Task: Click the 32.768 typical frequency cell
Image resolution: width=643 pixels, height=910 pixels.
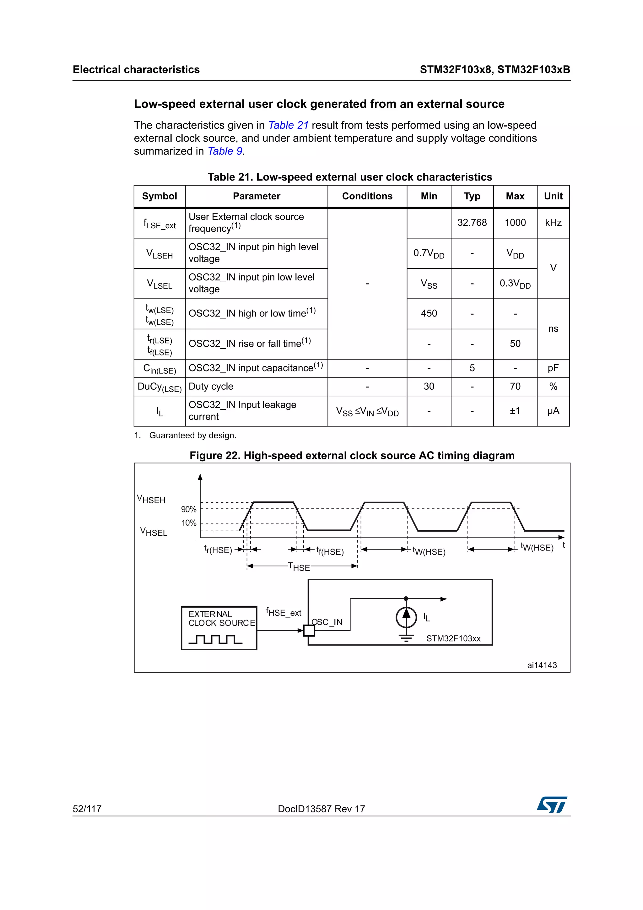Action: pyautogui.click(x=472, y=223)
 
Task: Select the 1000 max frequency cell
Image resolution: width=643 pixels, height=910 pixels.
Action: pyautogui.click(x=515, y=223)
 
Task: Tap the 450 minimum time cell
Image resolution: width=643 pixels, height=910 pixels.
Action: pyautogui.click(x=429, y=313)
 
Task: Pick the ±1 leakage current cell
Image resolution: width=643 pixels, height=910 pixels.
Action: pyautogui.click(x=515, y=411)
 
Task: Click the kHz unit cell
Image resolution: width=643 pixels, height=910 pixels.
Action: pyautogui.click(x=553, y=223)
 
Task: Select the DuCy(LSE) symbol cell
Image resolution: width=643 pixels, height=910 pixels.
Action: pyautogui.click(x=159, y=387)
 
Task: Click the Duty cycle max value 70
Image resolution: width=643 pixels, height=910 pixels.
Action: pyautogui.click(x=515, y=387)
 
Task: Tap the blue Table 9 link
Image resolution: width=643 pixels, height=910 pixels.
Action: pyautogui.click(x=224, y=151)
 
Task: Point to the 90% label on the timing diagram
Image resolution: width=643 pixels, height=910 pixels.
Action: pyautogui.click(x=189, y=509)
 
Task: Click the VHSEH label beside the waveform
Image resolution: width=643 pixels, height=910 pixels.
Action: pyautogui.click(x=151, y=499)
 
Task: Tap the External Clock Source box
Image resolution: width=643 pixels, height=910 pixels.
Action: pyautogui.click(x=219, y=628)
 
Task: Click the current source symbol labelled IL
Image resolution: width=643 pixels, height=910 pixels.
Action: pyautogui.click(x=406, y=617)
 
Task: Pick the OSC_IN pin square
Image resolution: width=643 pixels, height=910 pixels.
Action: pyautogui.click(x=309, y=630)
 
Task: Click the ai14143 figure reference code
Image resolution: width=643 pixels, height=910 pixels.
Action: pyautogui.click(x=542, y=665)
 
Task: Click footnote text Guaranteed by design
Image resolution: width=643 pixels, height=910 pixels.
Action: pyautogui.click(x=192, y=436)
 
